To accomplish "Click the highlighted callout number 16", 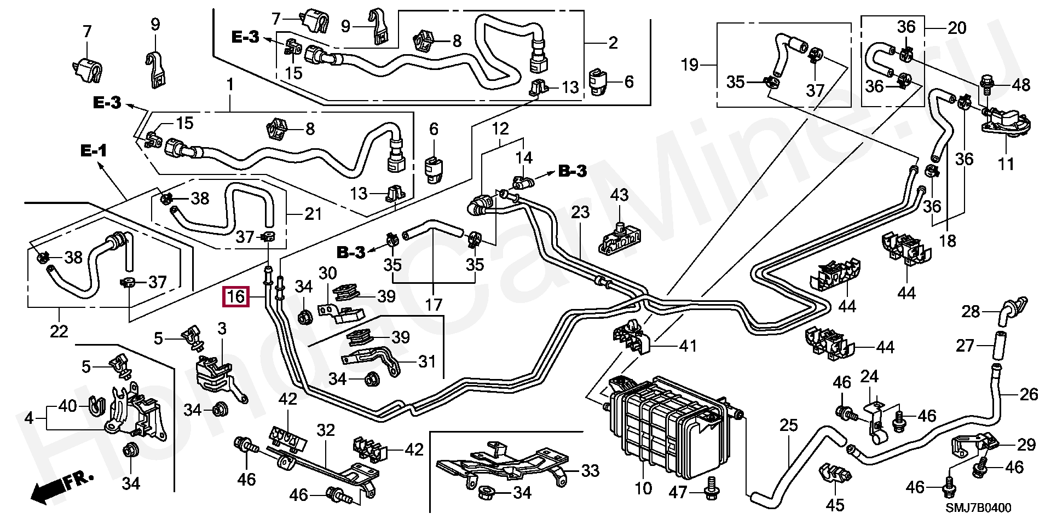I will (236, 297).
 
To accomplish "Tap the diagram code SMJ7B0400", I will (978, 508).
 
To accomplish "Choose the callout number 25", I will (789, 426).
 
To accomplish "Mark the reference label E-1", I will (94, 150).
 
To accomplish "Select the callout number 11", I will (1006, 164).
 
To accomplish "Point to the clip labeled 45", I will (833, 474).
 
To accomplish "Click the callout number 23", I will (580, 212).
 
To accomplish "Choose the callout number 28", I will (971, 312).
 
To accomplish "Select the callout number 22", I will (59, 331).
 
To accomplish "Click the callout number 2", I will (613, 42).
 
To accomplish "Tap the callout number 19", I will (690, 66).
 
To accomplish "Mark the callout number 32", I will (326, 430).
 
